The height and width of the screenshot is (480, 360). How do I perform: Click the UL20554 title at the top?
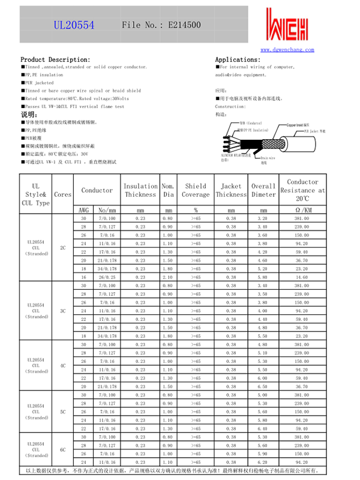(74, 25)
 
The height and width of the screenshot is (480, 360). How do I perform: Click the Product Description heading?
(55, 59)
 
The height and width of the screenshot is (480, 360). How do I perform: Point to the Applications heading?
(238, 59)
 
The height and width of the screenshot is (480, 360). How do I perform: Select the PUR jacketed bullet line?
(39, 83)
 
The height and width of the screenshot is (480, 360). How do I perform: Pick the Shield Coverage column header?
(196, 190)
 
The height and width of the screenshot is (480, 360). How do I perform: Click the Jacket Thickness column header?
(231, 190)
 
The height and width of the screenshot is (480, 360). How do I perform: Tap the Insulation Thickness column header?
(140, 190)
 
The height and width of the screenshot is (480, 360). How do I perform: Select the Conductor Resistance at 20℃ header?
(302, 190)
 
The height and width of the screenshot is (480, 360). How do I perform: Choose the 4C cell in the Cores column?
(62, 365)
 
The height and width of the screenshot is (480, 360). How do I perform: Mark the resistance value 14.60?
(302, 277)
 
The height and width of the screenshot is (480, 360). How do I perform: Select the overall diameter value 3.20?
(263, 218)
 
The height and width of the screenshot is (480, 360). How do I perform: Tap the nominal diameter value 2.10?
(169, 277)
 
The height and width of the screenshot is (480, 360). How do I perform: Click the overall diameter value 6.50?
(263, 386)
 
